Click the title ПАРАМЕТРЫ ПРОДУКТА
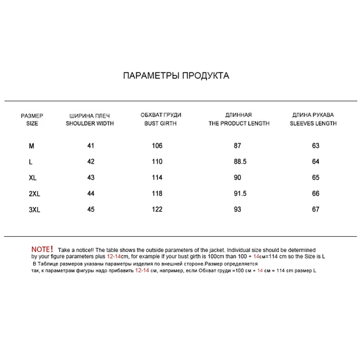coord(176,75)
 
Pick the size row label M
coord(31,146)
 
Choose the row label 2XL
coord(34,194)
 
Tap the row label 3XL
coord(34,210)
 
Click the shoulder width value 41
coord(91,146)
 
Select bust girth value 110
coord(157,162)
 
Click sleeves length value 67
coord(316,210)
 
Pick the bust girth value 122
coord(157,210)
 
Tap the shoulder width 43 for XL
coord(91,178)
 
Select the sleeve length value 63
coord(316,146)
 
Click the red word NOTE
coord(42,249)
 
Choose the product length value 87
coord(237,146)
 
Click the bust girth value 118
coord(157,194)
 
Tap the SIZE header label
coord(32,123)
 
